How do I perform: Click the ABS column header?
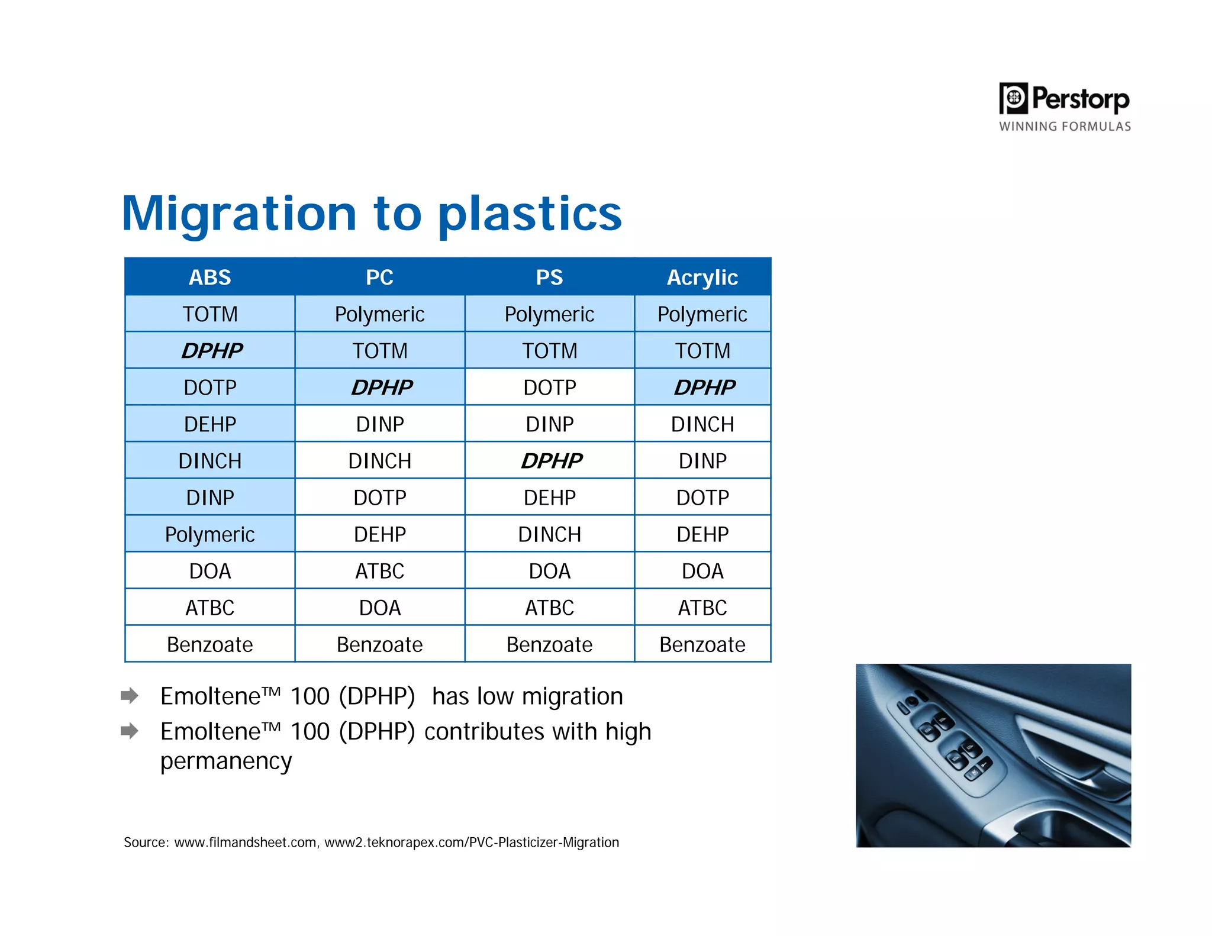tap(209, 277)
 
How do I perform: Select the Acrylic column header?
tap(702, 277)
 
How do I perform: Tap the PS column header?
tap(549, 277)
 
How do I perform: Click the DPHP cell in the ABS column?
tap(211, 350)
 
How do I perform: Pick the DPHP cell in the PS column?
tap(551, 460)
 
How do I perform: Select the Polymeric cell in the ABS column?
tap(209, 534)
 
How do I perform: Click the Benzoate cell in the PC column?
tap(379, 644)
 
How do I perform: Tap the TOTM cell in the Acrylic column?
tap(702, 350)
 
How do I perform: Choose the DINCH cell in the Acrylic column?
tap(702, 424)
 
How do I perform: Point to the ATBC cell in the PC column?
tap(379, 571)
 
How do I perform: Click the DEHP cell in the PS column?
tap(549, 498)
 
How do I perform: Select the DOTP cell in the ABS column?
tap(209, 388)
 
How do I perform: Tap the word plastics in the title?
tap(530, 214)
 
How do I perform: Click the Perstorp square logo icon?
tap(1013, 98)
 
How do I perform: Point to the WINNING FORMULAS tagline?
tap(1065, 126)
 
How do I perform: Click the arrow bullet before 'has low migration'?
tap(129, 695)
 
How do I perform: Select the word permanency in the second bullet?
tap(226, 761)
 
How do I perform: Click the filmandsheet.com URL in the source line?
tap(245, 842)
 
